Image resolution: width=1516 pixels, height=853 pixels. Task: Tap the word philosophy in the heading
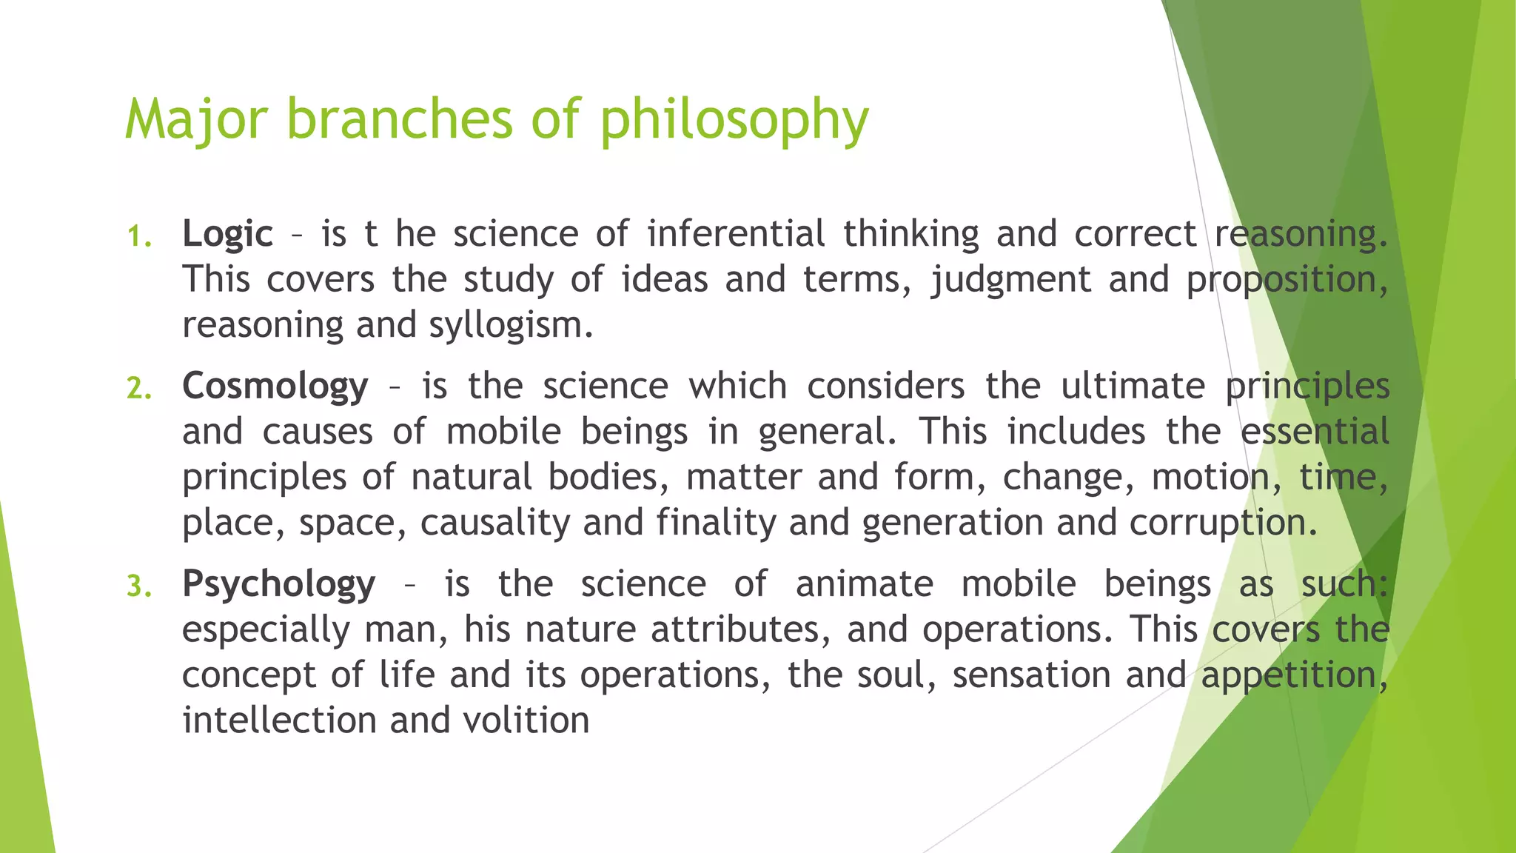click(x=734, y=120)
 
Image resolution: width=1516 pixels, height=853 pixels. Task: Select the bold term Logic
click(x=227, y=234)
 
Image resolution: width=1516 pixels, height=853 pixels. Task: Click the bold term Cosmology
click(x=275, y=387)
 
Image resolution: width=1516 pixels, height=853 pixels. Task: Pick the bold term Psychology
click(x=278, y=584)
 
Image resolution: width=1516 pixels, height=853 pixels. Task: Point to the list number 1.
click(x=138, y=236)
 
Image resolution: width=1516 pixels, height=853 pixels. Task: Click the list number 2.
click(x=138, y=388)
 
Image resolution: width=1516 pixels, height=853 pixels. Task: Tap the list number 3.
click(x=138, y=586)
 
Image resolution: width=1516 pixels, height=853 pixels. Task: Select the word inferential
click(x=736, y=234)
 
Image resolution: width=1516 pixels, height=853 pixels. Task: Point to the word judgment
click(x=1010, y=280)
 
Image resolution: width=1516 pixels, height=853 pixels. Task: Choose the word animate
click(x=864, y=584)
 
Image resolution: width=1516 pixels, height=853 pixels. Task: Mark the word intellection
click(x=279, y=720)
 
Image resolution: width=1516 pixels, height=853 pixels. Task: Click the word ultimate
click(x=1133, y=387)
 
